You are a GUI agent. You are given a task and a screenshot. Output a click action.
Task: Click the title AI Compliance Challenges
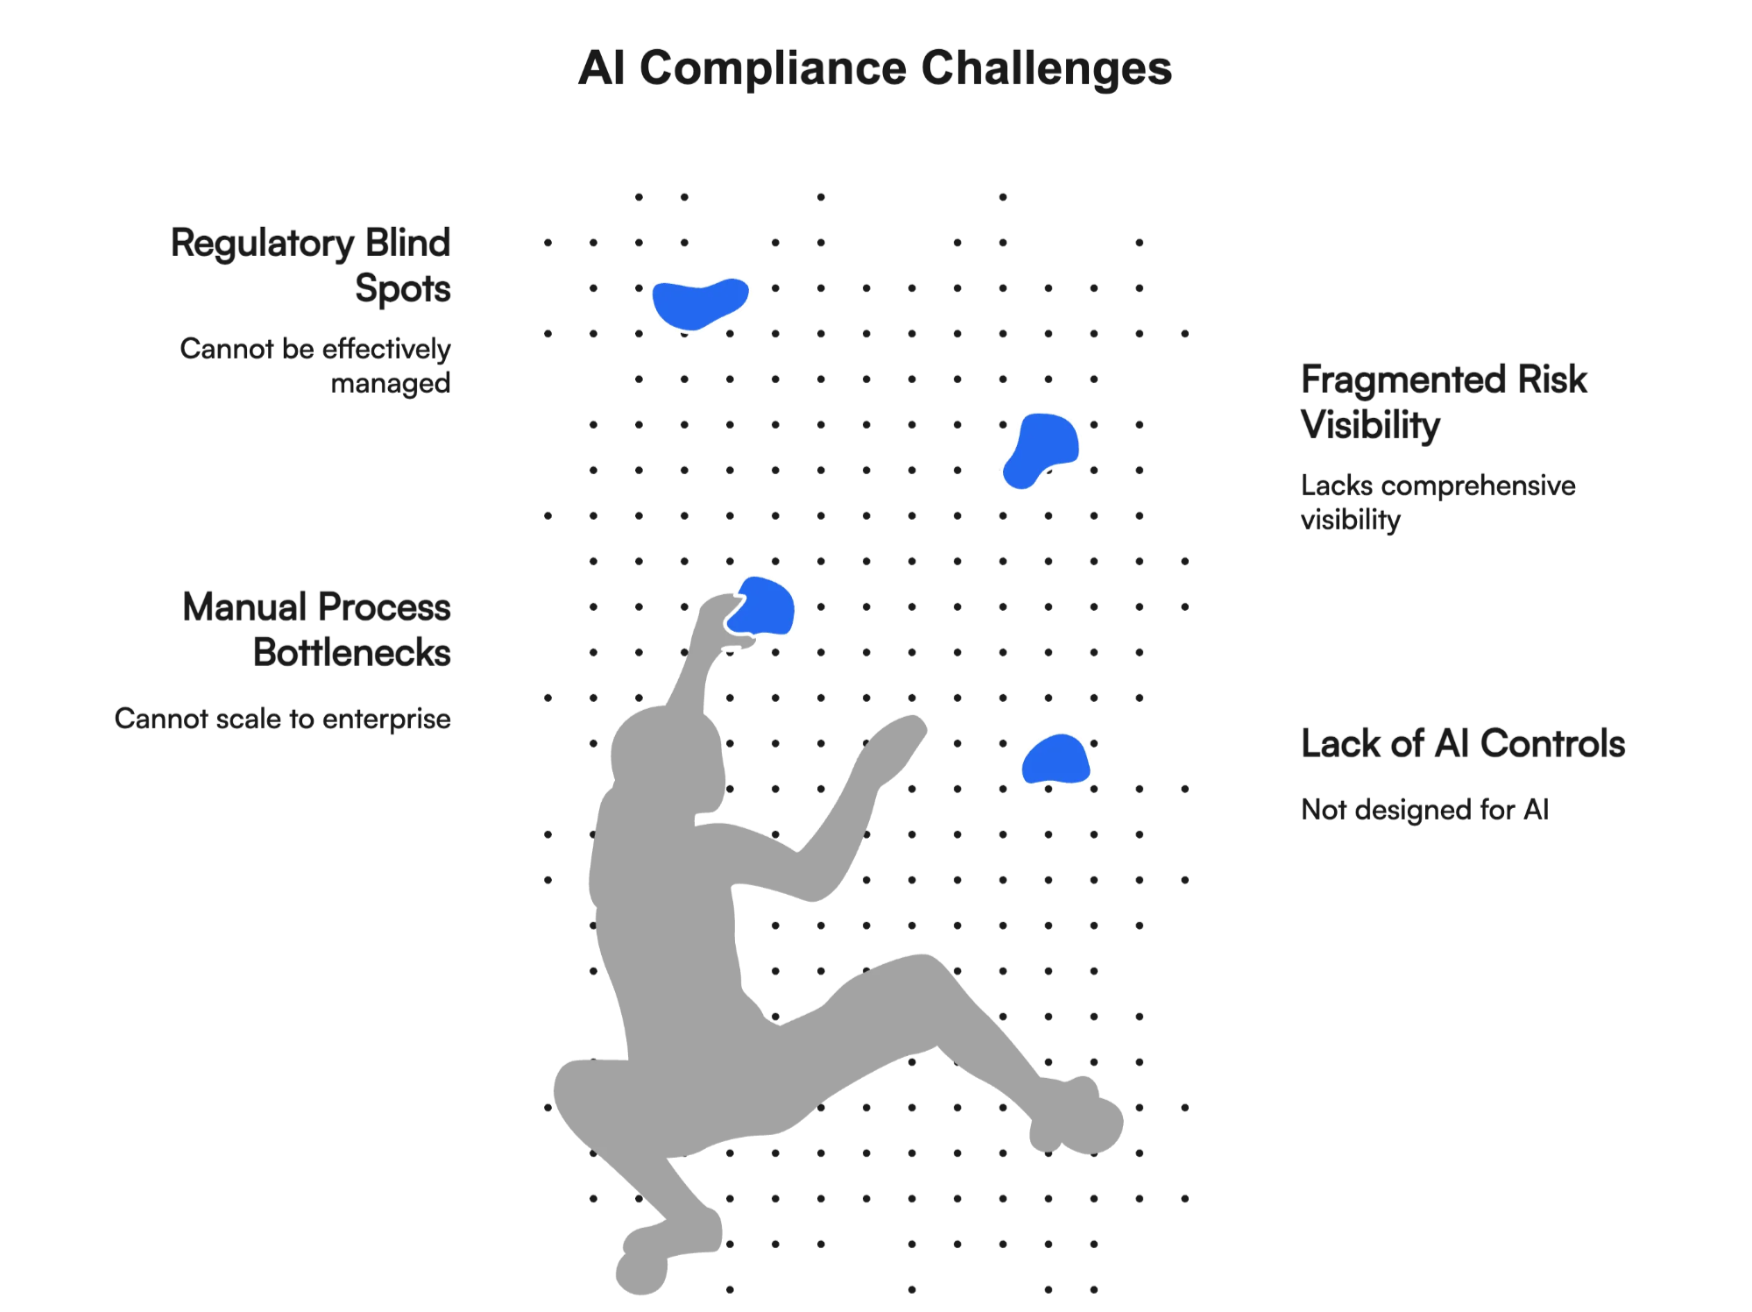click(874, 68)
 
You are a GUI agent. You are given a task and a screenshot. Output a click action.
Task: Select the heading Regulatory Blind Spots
click(311, 265)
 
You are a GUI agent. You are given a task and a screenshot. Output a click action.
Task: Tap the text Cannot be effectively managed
click(315, 365)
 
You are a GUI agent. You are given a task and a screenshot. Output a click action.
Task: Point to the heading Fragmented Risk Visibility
click(1443, 402)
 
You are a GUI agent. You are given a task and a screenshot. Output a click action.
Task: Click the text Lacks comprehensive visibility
click(1438, 502)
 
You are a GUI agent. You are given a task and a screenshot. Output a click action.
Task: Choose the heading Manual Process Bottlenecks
click(316, 629)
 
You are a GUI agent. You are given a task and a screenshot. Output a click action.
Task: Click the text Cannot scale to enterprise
click(283, 719)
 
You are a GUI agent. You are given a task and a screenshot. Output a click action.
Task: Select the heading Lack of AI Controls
click(1462, 743)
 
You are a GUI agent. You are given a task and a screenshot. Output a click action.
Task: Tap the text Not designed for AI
click(1424, 809)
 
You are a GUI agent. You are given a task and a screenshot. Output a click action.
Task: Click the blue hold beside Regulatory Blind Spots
click(699, 302)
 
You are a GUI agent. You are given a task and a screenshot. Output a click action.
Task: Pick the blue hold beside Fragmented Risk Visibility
click(1042, 449)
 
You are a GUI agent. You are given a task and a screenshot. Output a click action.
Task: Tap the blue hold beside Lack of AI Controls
click(1056, 760)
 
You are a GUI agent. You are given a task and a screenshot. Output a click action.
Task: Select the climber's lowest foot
click(644, 1262)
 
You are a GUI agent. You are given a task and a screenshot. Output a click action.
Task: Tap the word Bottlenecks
click(352, 653)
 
